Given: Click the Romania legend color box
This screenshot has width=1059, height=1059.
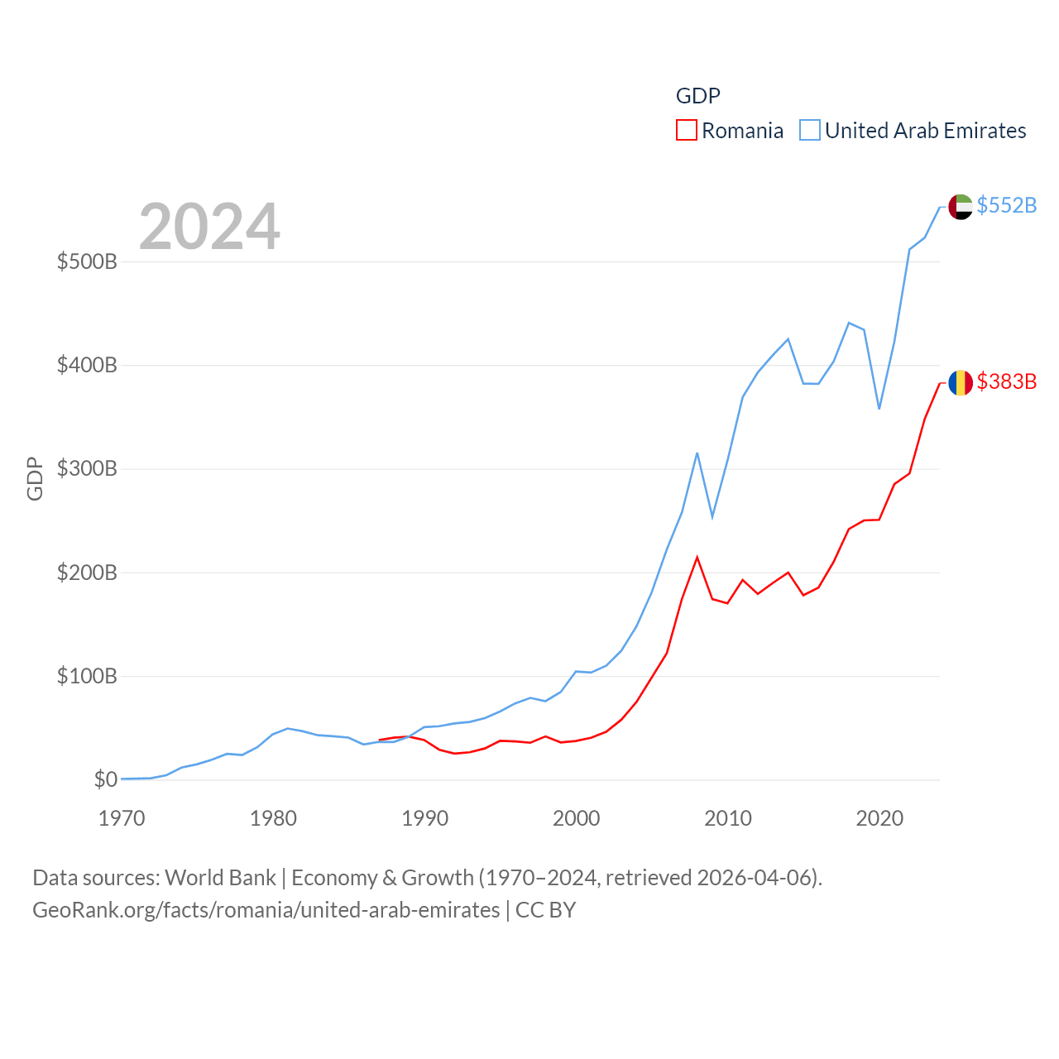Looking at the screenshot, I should [x=687, y=131].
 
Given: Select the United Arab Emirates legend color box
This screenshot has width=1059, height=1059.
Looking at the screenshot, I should [x=810, y=131].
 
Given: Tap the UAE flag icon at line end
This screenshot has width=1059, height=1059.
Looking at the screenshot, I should [x=961, y=207].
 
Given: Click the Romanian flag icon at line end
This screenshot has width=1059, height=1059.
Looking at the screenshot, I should [x=961, y=383].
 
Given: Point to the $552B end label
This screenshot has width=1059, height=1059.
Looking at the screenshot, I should [x=1006, y=205].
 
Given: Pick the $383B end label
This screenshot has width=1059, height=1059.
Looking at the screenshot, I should [x=1006, y=381].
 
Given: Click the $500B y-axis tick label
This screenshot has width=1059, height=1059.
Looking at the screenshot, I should [x=87, y=262].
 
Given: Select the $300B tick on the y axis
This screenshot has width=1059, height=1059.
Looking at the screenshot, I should [x=87, y=469].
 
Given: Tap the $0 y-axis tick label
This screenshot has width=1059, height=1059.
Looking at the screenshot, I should [x=105, y=779].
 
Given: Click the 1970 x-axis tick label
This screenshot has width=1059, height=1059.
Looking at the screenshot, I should [x=122, y=819].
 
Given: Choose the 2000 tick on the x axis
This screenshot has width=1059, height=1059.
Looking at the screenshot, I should [x=577, y=819].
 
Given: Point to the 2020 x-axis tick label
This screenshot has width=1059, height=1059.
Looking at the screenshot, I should [x=879, y=819].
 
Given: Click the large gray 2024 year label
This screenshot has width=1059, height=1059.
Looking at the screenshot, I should [x=209, y=227].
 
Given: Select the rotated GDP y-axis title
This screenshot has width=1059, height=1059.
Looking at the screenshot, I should [x=35, y=478].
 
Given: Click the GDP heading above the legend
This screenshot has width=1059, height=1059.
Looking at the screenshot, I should [x=698, y=96].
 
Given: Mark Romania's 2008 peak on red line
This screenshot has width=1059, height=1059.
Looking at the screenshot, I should [x=697, y=558].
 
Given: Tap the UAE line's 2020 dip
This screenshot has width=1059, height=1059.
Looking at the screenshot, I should [x=879, y=409].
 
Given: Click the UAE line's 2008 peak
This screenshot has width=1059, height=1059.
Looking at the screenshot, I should [x=697, y=453].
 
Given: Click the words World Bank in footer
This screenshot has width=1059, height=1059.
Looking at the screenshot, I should [x=220, y=878].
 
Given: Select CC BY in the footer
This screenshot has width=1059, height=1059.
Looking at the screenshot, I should [x=545, y=910].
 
